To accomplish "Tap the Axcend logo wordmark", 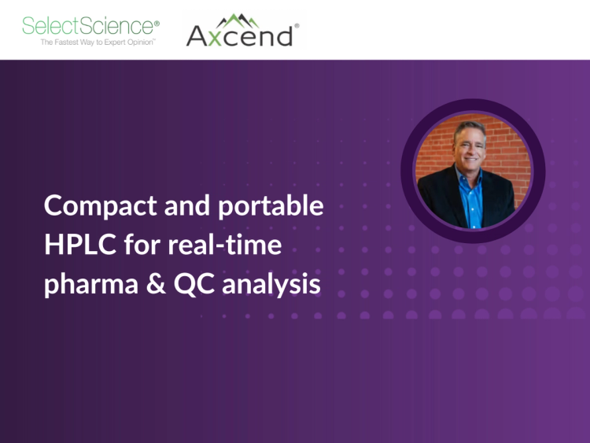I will pos(240,35).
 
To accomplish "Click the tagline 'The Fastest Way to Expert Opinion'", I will pos(98,42).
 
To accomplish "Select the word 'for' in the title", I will pos(142,245).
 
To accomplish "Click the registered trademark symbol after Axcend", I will pos(297,25).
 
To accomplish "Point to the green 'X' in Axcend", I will pos(218,35).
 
